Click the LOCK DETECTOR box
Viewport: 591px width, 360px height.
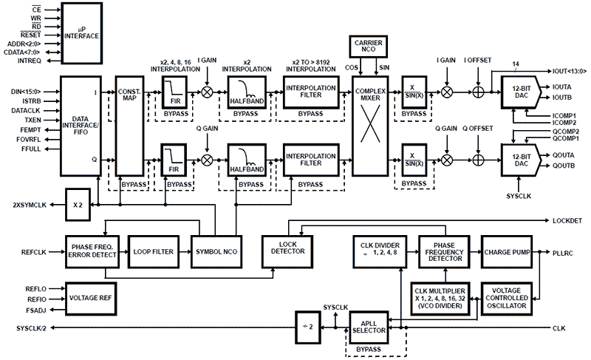284,248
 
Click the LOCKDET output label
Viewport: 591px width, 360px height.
567,220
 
